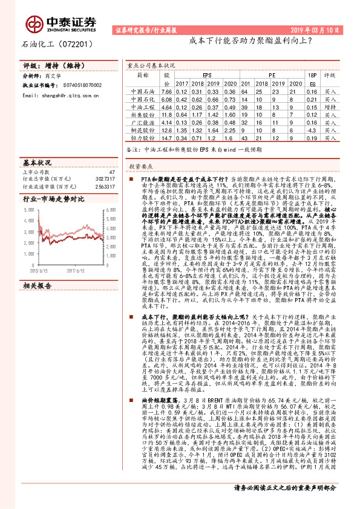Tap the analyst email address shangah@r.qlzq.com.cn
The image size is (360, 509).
point(67,95)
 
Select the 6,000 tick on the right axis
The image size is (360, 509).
point(110,209)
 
